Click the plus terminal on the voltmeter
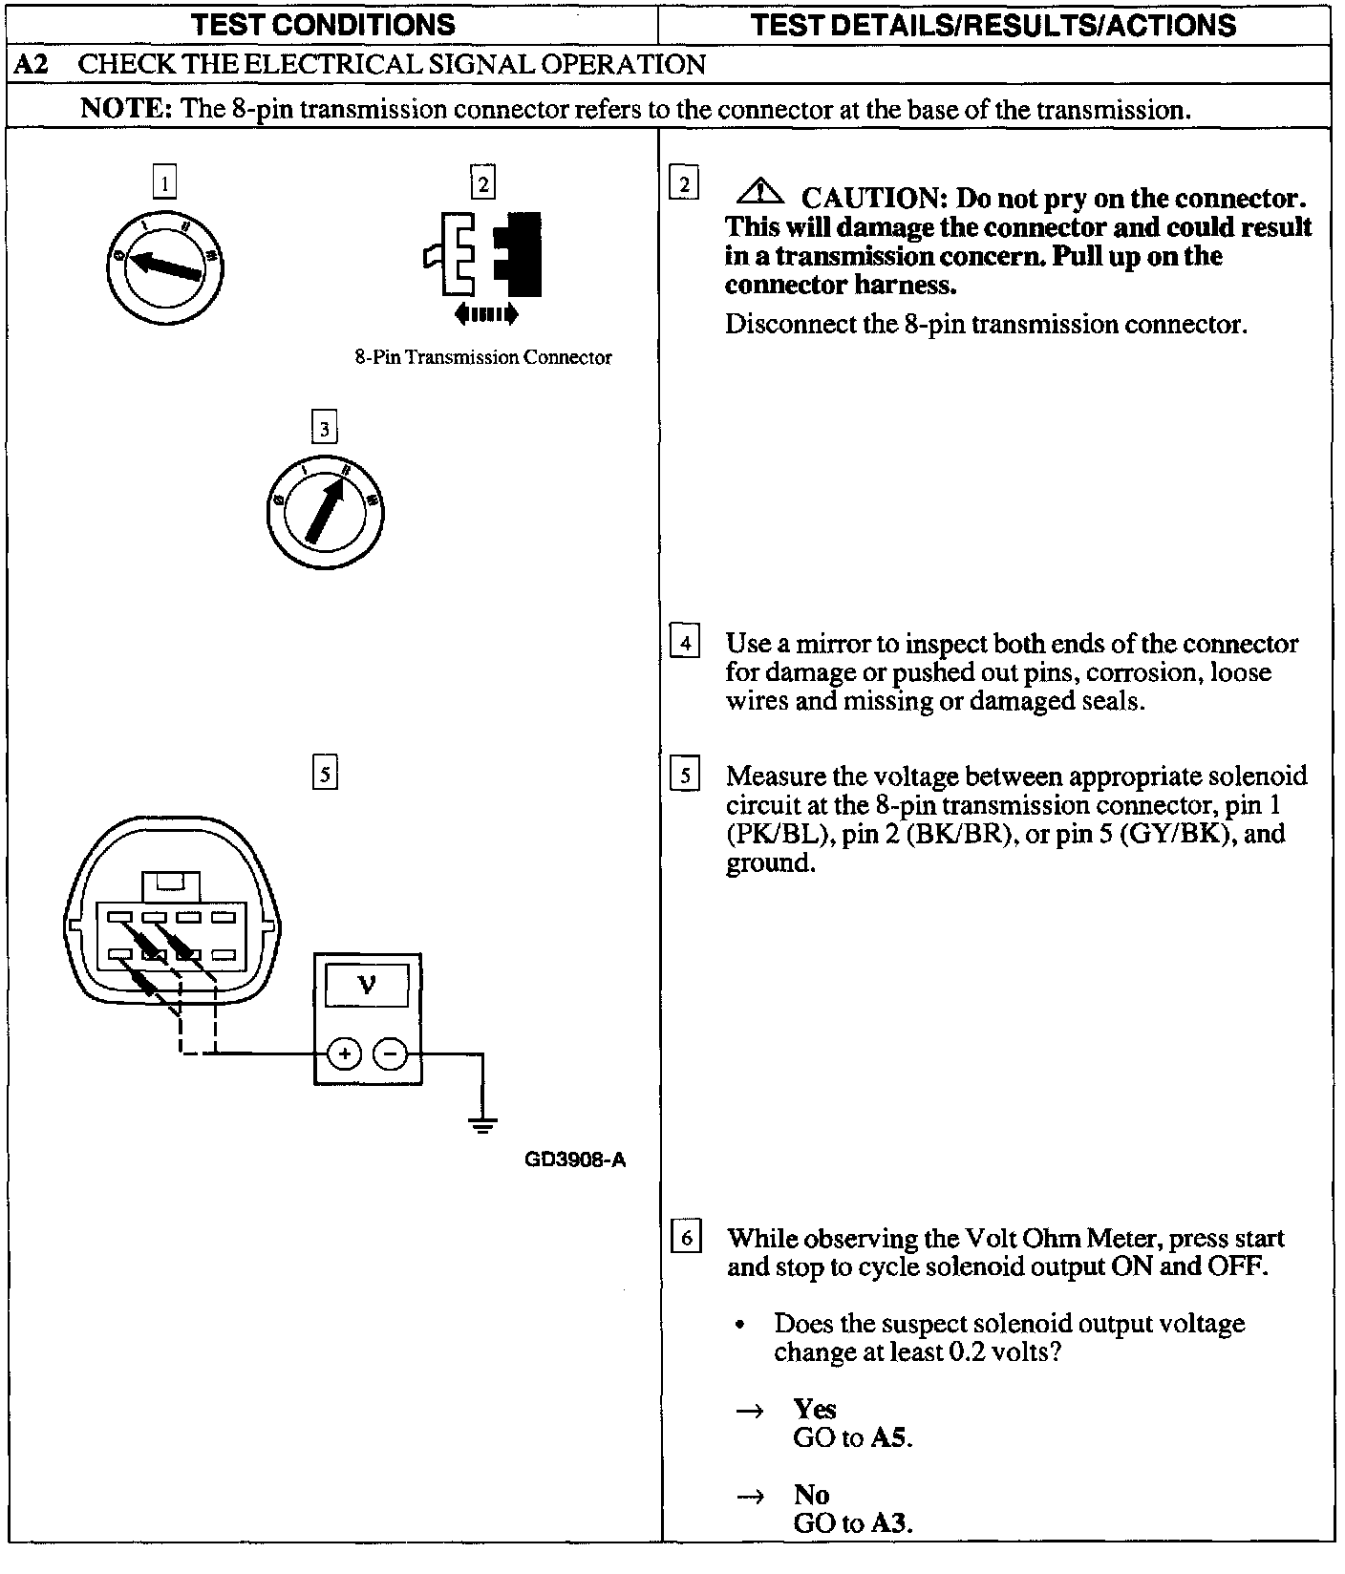[x=344, y=1054]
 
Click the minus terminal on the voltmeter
[x=390, y=1054]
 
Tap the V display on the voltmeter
[x=367, y=985]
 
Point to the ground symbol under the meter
[x=483, y=1123]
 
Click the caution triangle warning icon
[x=759, y=194]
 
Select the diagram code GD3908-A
[x=575, y=1160]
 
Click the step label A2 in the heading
[x=33, y=65]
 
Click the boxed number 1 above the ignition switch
[x=165, y=182]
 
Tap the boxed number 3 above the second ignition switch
[x=325, y=429]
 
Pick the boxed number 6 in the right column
[x=686, y=1238]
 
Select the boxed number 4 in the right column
[x=686, y=643]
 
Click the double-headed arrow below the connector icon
[x=486, y=313]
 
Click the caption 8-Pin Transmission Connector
[x=483, y=358]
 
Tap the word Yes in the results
[x=814, y=1410]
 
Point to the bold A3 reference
[x=890, y=1523]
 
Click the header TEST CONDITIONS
[x=324, y=25]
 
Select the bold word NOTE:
[x=125, y=109]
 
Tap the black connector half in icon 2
[x=520, y=253]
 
